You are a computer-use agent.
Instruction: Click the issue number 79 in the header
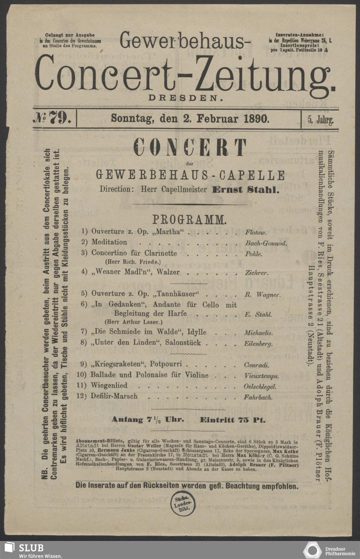click(x=58, y=118)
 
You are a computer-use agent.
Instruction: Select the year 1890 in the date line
click(x=256, y=118)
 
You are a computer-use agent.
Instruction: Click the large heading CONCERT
click(x=190, y=148)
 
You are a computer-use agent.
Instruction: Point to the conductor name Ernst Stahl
click(x=246, y=190)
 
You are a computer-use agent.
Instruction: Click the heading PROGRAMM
click(x=189, y=219)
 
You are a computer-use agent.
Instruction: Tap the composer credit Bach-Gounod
click(x=266, y=243)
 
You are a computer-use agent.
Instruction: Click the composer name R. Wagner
click(x=262, y=295)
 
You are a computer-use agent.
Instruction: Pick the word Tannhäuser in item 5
click(x=174, y=293)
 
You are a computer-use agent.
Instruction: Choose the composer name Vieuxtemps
click(x=261, y=376)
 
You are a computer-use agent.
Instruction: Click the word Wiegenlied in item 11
click(x=109, y=386)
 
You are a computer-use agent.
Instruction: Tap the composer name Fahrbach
click(x=258, y=397)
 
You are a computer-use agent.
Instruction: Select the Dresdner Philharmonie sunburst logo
click(x=312, y=550)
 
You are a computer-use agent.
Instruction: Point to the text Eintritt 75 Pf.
click(x=233, y=420)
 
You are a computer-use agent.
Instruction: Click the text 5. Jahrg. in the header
click(x=320, y=119)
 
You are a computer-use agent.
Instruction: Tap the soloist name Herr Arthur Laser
click(x=133, y=322)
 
